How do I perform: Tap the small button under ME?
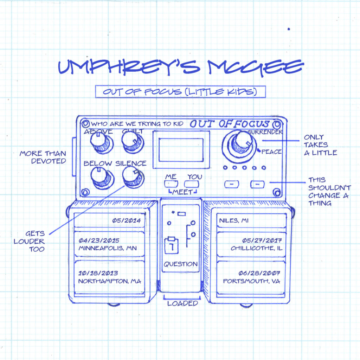click(x=171, y=184)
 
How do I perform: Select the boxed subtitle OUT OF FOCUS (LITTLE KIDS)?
click(x=180, y=92)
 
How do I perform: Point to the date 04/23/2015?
click(x=99, y=241)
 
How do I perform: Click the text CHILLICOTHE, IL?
click(x=257, y=248)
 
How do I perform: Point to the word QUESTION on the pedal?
click(x=181, y=264)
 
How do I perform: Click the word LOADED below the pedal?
click(x=182, y=303)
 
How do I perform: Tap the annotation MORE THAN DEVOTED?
click(x=43, y=157)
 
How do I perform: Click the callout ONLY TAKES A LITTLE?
click(x=320, y=144)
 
